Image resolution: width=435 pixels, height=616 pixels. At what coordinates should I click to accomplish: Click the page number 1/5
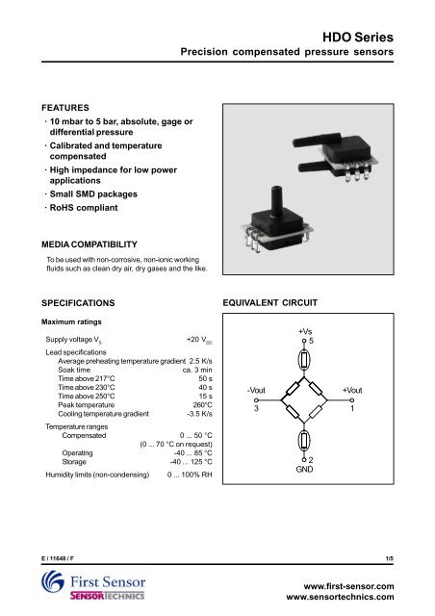414,556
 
